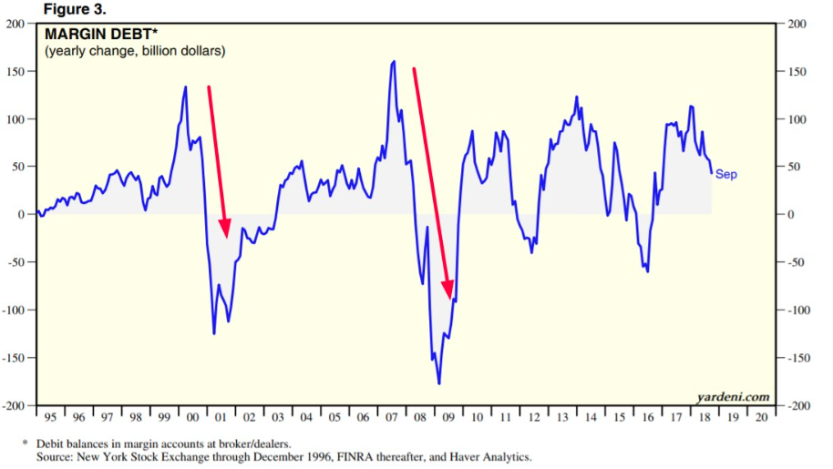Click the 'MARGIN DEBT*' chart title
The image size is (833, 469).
pyautogui.click(x=89, y=35)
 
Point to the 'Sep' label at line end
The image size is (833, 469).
pyautogui.click(x=726, y=174)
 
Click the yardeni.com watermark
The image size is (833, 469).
pyautogui.click(x=733, y=396)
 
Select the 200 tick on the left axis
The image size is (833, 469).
pyautogui.click(x=15, y=24)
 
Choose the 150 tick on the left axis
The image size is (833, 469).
pyautogui.click(x=15, y=72)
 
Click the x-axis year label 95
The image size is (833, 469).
pyautogui.click(x=50, y=417)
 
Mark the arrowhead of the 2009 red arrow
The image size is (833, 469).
pyautogui.click(x=450, y=297)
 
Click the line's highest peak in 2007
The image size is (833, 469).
pyautogui.click(x=394, y=62)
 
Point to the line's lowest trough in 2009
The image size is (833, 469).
pyautogui.click(x=439, y=383)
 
